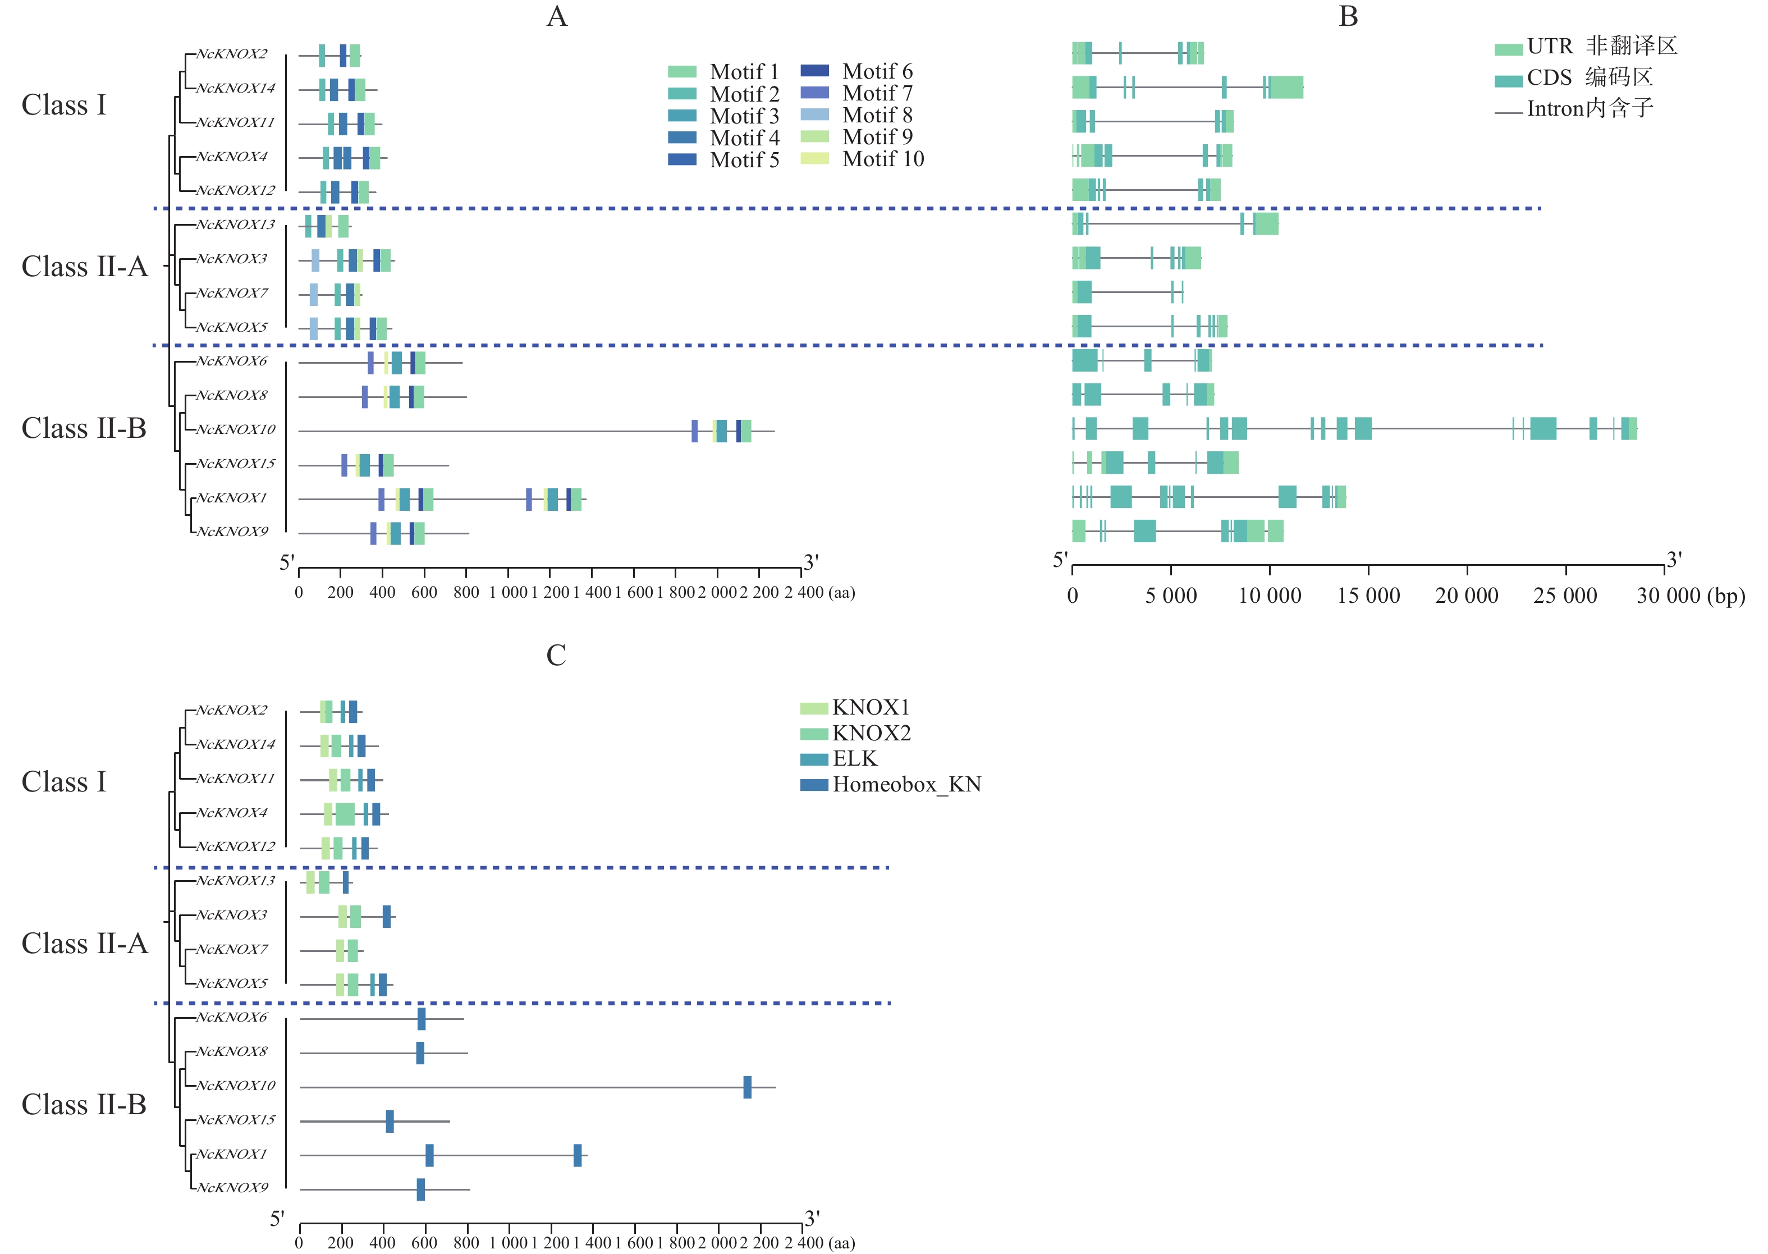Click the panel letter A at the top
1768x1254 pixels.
click(x=557, y=17)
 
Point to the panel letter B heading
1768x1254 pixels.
click(x=1348, y=17)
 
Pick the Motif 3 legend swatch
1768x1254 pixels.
click(x=682, y=116)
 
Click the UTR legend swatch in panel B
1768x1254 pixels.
click(x=1508, y=49)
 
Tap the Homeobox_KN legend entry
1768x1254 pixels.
click(x=906, y=785)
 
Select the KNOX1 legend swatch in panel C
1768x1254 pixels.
click(x=814, y=708)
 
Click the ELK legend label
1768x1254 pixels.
click(x=855, y=759)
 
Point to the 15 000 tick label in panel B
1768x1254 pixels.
click(x=1368, y=596)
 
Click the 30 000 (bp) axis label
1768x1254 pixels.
click(x=1690, y=596)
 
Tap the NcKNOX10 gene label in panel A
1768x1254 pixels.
click(x=236, y=429)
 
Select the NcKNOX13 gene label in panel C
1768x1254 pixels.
click(x=236, y=881)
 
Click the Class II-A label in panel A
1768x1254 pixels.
click(x=84, y=267)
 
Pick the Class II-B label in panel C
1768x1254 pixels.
click(x=84, y=1104)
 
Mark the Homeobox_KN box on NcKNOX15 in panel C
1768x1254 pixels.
click(x=390, y=1121)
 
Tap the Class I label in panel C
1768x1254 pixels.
click(x=63, y=781)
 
